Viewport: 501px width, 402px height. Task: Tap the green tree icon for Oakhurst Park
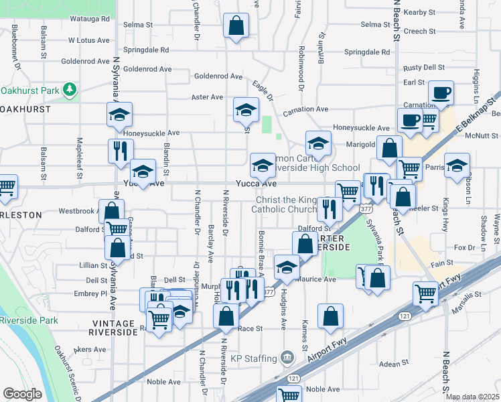pyautogui.click(x=69, y=89)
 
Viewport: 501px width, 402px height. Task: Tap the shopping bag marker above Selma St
pyautogui.click(x=237, y=27)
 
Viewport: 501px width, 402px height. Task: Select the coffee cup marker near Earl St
pyautogui.click(x=441, y=93)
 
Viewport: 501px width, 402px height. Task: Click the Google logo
pyautogui.click(x=23, y=394)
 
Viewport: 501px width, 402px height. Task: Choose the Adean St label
pyautogui.click(x=394, y=363)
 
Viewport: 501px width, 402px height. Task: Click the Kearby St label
pyautogui.click(x=420, y=12)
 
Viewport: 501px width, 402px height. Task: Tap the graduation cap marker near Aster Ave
pyautogui.click(x=246, y=109)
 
